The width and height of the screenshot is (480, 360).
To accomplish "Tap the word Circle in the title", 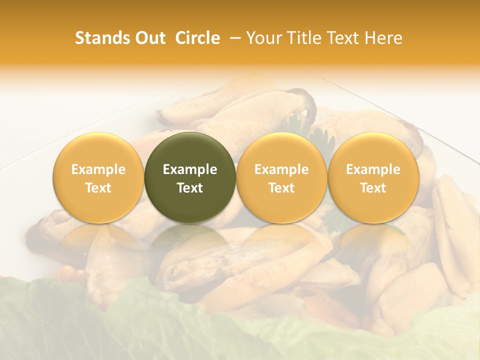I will [197, 38].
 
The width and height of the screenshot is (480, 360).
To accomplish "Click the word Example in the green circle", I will [190, 169].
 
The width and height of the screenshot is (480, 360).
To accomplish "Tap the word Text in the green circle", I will [190, 188].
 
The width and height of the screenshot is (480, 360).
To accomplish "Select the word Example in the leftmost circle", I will [98, 169].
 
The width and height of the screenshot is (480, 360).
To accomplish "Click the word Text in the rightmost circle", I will [373, 188].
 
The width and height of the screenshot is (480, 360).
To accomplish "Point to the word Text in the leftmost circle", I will [98, 188].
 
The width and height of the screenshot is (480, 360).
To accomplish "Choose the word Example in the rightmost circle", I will [373, 169].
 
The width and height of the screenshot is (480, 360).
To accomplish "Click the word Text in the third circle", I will [281, 188].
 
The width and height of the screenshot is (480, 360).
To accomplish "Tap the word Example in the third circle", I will [281, 169].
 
